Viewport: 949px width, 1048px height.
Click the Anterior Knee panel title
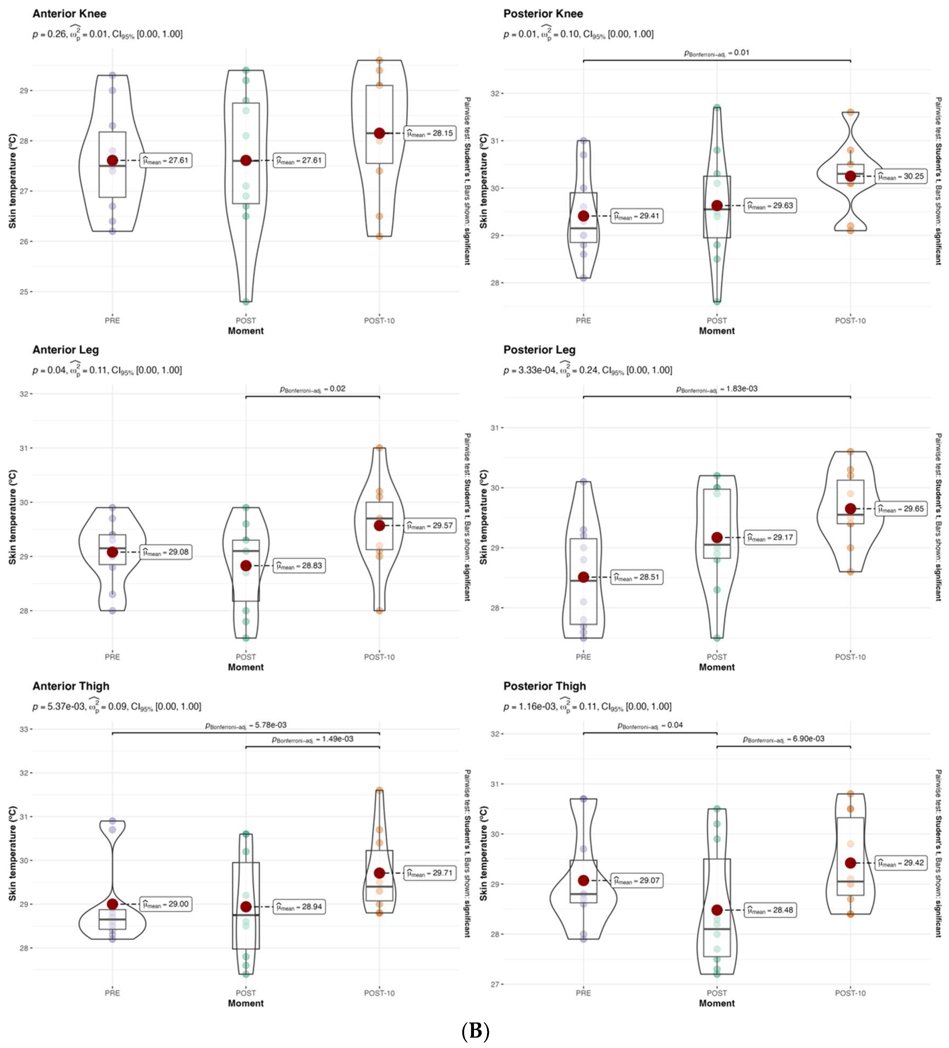tap(69, 14)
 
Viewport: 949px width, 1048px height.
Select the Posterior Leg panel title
tap(539, 350)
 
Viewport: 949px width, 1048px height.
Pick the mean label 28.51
tap(636, 577)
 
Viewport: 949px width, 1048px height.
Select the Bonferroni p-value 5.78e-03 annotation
tap(245, 725)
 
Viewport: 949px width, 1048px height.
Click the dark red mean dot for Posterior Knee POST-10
tap(850, 176)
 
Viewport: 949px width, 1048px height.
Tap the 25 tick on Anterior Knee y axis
tap(24, 292)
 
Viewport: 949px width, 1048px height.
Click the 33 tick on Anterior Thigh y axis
tap(24, 729)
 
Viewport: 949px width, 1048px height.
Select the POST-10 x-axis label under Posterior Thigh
tap(850, 993)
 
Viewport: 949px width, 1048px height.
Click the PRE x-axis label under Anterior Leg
tap(113, 657)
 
